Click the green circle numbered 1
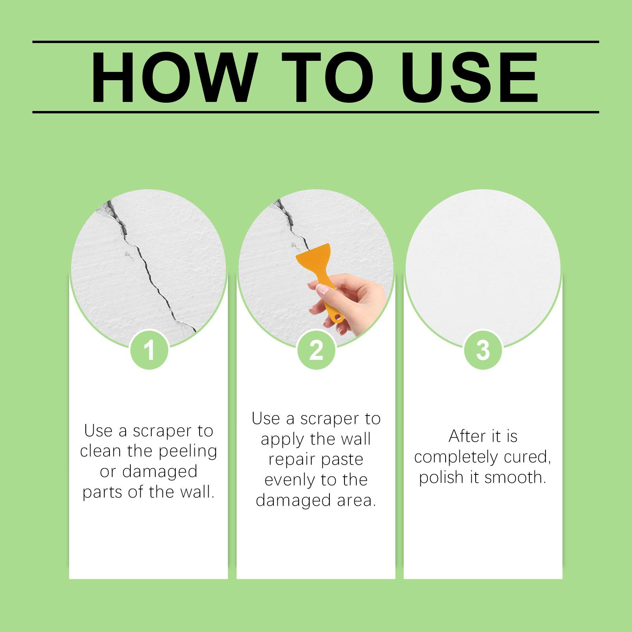tap(149, 350)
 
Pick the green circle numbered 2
tap(316, 350)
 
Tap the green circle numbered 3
tap(483, 350)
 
